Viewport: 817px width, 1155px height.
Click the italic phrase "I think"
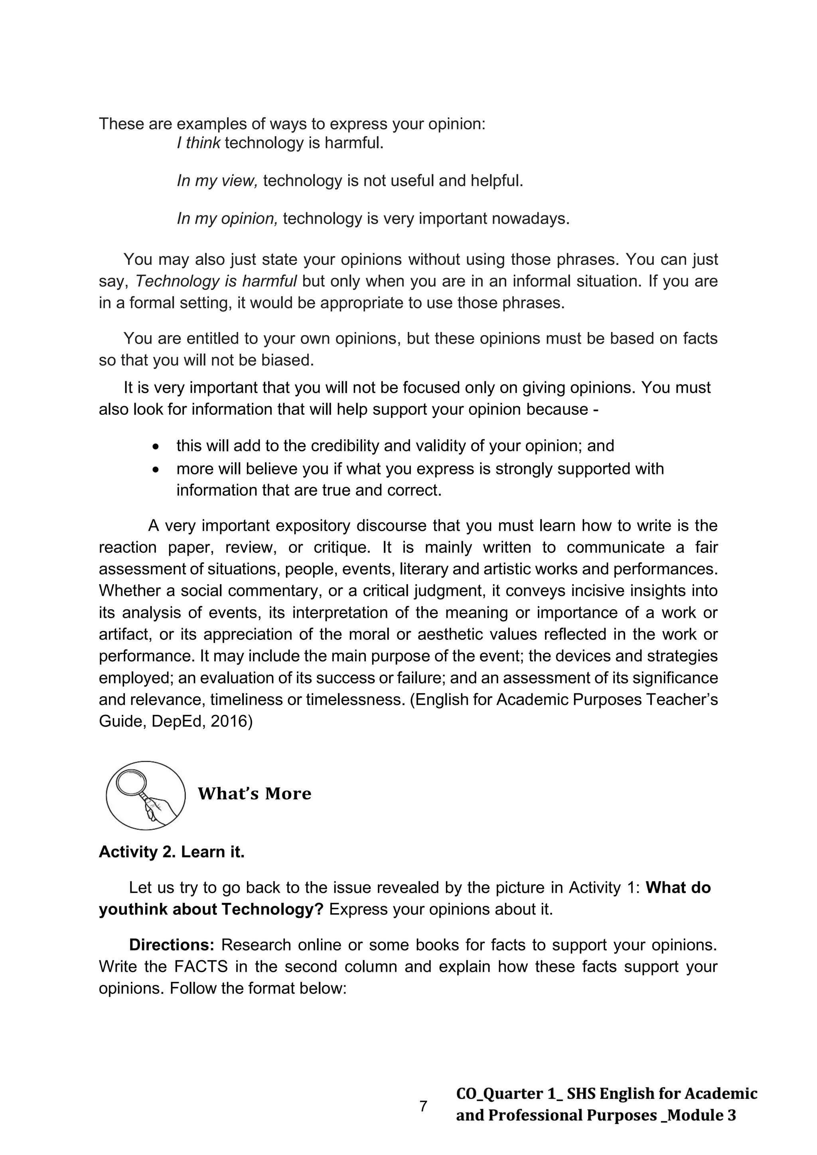pos(198,143)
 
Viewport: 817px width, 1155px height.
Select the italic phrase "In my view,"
pos(217,181)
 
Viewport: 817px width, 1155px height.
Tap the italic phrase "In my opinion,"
pos(227,218)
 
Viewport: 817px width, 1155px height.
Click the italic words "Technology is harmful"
pos(216,281)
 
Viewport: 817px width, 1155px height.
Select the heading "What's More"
pos(254,794)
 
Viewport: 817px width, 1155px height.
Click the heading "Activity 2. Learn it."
pos(172,852)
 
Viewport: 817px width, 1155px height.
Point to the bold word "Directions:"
pos(172,945)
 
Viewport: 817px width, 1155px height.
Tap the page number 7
pos(423,1106)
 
